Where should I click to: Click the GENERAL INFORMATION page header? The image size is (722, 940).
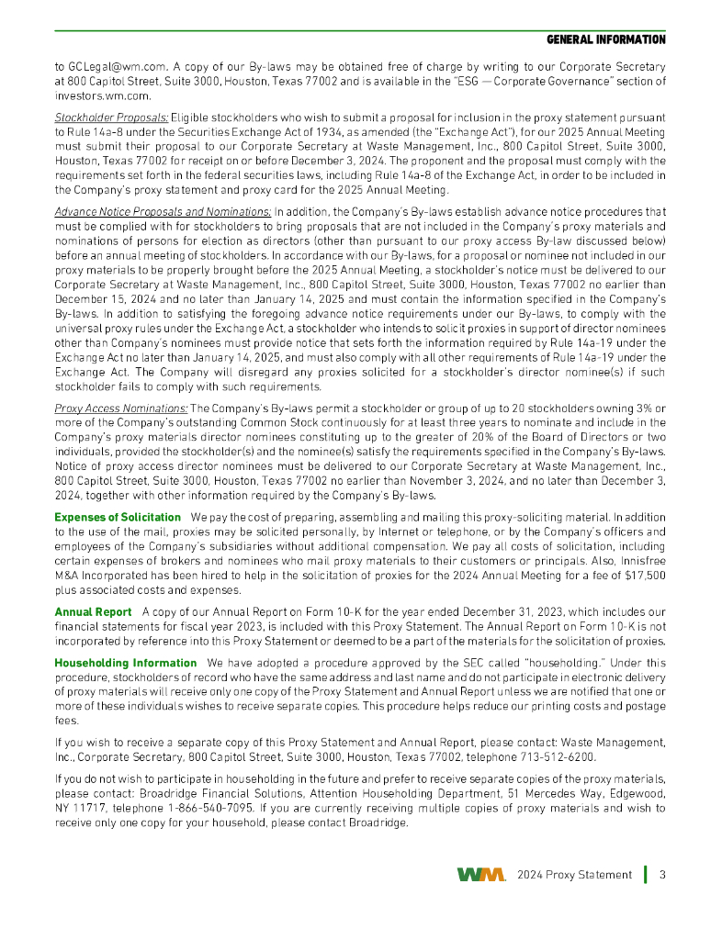click(605, 40)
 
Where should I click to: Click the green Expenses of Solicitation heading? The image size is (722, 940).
click(118, 519)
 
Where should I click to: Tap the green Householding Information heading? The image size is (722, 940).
click(126, 663)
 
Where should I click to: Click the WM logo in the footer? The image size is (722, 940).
click(480, 874)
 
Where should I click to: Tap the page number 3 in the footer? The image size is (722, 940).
click(661, 874)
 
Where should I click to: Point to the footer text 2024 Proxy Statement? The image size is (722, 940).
click(574, 875)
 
